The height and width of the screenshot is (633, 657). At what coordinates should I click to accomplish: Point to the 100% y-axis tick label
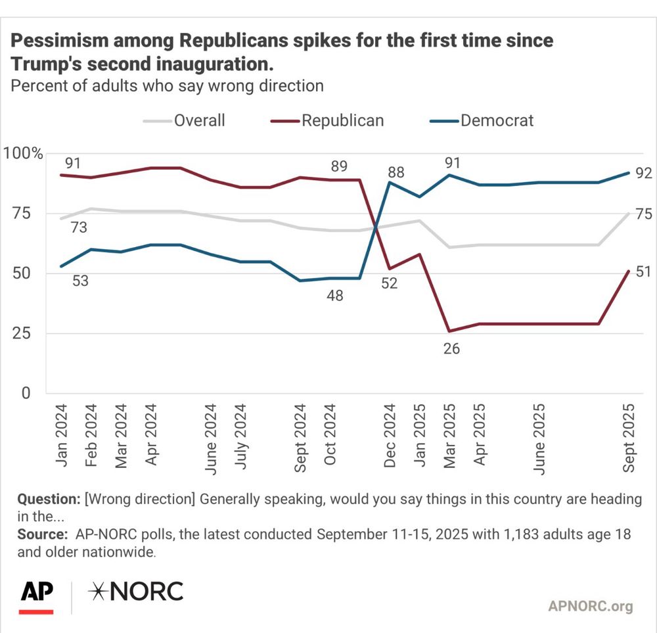coord(24,154)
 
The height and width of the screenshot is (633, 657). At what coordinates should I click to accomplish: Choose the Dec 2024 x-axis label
coord(390,435)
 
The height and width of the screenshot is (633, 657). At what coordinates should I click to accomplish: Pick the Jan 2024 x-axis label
coord(62,435)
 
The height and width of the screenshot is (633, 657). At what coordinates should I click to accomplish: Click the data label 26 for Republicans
coord(451,349)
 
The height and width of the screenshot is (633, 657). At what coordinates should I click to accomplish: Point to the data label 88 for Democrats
coord(396,173)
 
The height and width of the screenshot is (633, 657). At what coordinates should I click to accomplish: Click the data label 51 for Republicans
coord(643,271)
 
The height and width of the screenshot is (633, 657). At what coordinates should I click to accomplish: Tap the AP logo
coord(36,594)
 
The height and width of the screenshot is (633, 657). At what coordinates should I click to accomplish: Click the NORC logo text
coord(136,592)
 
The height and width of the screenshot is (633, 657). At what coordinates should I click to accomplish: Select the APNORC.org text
coord(590,606)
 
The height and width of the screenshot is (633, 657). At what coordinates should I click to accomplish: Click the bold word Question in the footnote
coord(49,498)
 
